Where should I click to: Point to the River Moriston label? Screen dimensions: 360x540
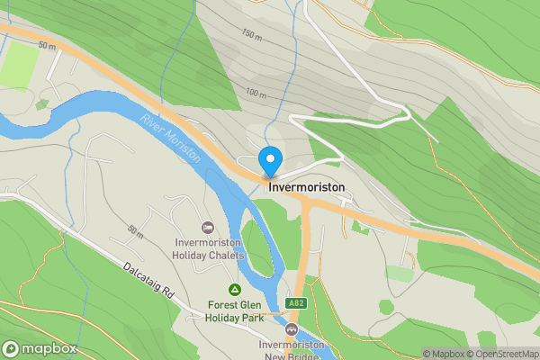(x=170, y=138)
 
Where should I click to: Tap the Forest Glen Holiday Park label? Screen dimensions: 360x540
(x=235, y=310)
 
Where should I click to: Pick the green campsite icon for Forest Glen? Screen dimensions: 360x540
(x=234, y=289)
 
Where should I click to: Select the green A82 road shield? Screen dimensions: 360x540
(x=296, y=303)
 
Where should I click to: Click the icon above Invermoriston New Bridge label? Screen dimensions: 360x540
(x=291, y=329)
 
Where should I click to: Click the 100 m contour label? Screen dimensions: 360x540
(x=257, y=93)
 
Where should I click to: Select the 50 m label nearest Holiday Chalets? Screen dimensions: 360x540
(x=135, y=232)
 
